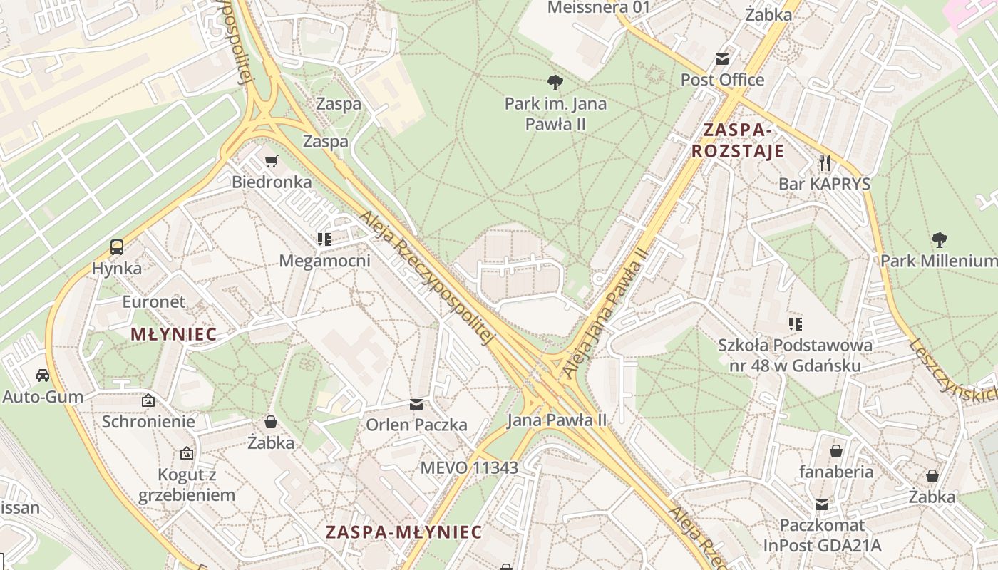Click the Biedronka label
coord(272,182)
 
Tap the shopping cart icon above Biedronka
coord(271,162)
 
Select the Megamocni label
coord(324,261)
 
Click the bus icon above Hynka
coord(117,248)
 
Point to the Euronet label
coord(153,301)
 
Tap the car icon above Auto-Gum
coord(43,375)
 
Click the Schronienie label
coord(148,421)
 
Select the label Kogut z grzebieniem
coord(187,484)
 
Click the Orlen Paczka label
coord(416,425)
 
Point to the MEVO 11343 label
coord(469,467)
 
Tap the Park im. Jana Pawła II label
coord(555,113)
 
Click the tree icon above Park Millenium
coord(939,240)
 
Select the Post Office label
coord(722,79)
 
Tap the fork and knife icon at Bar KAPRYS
coord(825,163)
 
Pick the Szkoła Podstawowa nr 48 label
coord(795,355)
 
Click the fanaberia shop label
coord(836,471)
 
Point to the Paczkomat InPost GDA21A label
coord(822,535)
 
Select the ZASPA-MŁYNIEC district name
coord(403,532)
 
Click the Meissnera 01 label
coord(599,8)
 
